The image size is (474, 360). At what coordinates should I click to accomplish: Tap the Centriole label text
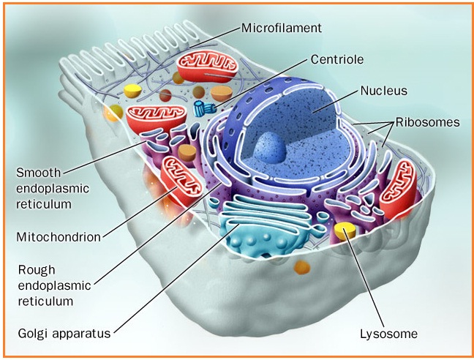(337, 59)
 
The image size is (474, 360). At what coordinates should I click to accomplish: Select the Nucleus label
(383, 91)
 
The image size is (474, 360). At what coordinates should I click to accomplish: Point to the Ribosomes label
(427, 122)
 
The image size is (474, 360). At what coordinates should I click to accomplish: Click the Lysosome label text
(388, 334)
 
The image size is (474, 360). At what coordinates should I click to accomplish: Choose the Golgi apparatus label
(64, 334)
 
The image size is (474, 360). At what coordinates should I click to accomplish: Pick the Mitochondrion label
(58, 236)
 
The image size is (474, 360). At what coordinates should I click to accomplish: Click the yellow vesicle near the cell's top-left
(132, 91)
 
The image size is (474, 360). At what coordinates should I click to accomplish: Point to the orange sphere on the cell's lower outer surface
(301, 266)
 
